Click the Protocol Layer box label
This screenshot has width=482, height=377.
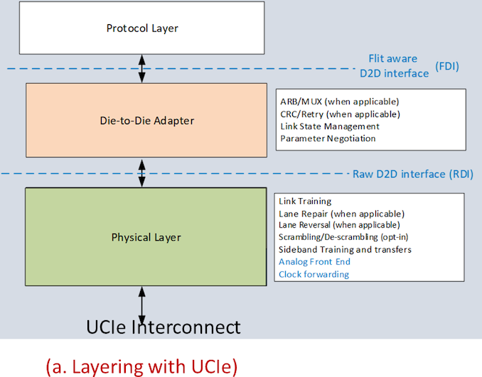(x=142, y=29)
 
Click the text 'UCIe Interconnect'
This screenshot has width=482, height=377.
(x=163, y=327)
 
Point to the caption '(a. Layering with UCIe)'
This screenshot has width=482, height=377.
(x=141, y=366)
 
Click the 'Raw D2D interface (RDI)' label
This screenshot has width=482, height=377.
(x=413, y=175)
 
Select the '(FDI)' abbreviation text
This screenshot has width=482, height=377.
(x=447, y=72)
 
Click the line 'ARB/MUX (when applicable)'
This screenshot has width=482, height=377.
(x=339, y=102)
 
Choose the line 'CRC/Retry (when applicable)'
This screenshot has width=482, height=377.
(x=340, y=114)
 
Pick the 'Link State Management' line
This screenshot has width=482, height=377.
(x=330, y=126)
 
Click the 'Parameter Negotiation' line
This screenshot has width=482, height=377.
(x=328, y=138)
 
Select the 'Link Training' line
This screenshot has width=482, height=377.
(x=305, y=202)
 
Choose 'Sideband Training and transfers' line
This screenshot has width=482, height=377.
(x=345, y=249)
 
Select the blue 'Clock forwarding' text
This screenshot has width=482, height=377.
(x=314, y=274)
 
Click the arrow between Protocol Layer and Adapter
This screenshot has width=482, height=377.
(x=142, y=67)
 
